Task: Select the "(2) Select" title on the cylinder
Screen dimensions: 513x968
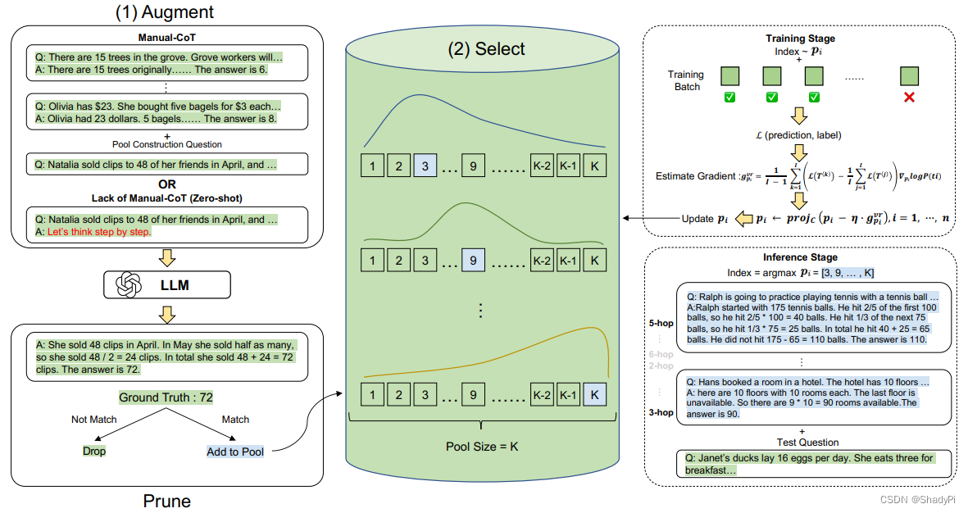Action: (486, 49)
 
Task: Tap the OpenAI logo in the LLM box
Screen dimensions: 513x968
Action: (130, 285)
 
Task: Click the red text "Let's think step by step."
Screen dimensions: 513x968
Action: (98, 232)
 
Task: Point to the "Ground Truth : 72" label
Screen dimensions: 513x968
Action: (166, 397)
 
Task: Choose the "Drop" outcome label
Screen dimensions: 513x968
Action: (94, 451)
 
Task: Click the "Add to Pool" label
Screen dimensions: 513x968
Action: (235, 452)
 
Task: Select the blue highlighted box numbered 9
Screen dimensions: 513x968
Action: (474, 261)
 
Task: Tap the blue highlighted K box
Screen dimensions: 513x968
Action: (595, 395)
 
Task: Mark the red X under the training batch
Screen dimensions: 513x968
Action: (908, 98)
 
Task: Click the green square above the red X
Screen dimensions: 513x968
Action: (908, 76)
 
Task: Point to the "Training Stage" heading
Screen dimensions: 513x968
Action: (800, 39)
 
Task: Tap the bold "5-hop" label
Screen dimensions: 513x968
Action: (660, 323)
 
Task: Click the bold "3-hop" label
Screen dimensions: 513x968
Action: (660, 412)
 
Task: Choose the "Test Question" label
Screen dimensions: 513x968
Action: (801, 441)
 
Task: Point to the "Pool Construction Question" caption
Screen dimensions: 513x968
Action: (166, 144)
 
